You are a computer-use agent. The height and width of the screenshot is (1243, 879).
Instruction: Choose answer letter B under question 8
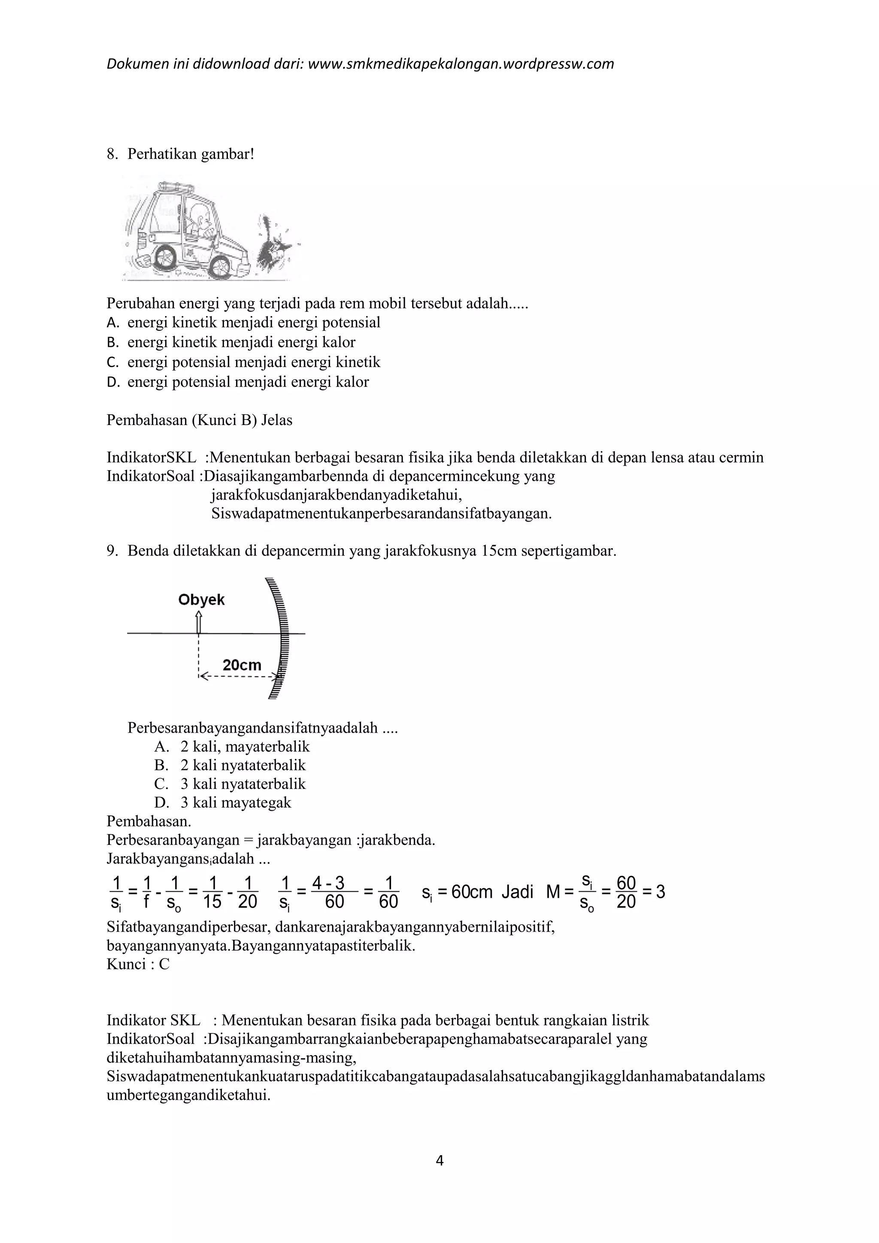pos(112,343)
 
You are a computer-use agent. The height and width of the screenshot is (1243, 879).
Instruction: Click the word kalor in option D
pos(352,382)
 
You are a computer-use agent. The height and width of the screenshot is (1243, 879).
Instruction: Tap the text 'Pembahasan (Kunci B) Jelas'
pos(199,420)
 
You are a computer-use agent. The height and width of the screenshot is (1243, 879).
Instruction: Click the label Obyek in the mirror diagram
pos(201,600)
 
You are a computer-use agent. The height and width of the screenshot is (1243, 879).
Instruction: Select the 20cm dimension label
pos(242,665)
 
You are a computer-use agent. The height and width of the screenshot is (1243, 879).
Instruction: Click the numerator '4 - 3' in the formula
pos(328,883)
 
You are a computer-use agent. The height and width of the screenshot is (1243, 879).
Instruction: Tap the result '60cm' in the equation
pos(471,892)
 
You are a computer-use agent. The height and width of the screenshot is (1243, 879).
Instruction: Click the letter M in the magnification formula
pos(553,892)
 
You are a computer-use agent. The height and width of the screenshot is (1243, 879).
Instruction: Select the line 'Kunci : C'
pos(138,964)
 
